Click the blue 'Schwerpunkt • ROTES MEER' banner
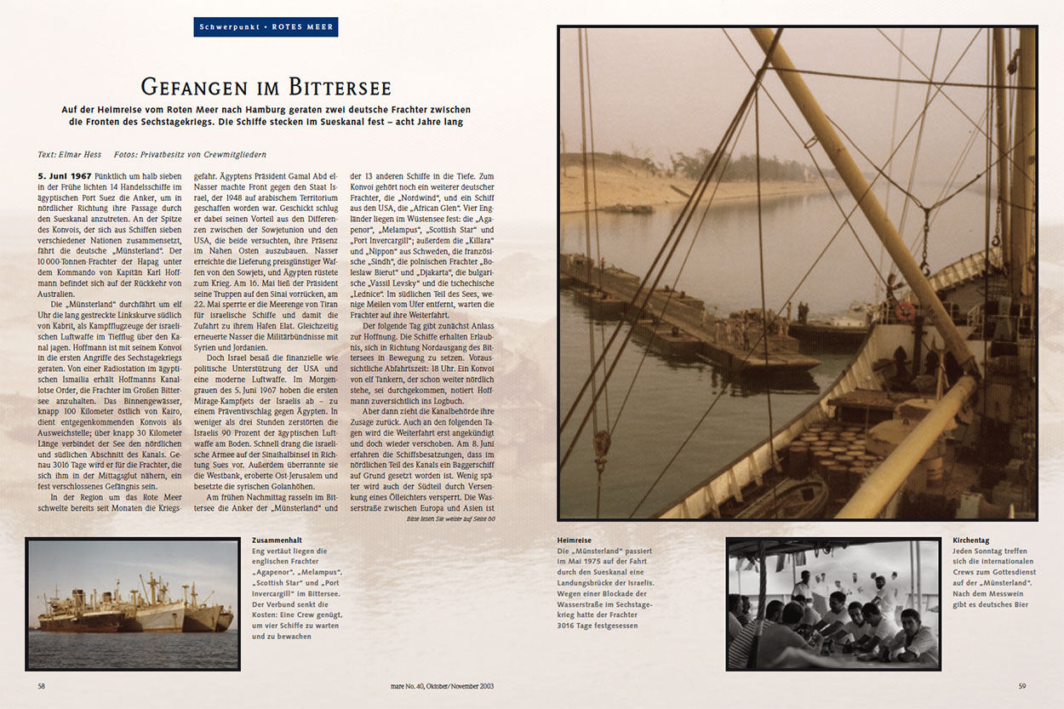click(x=266, y=27)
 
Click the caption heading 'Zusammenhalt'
click(x=277, y=540)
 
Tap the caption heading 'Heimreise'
click(x=574, y=540)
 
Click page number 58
click(x=42, y=685)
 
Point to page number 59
click(x=1022, y=685)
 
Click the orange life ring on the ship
click(x=905, y=311)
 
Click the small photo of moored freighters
click(x=133, y=603)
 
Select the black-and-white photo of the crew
click(x=832, y=603)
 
